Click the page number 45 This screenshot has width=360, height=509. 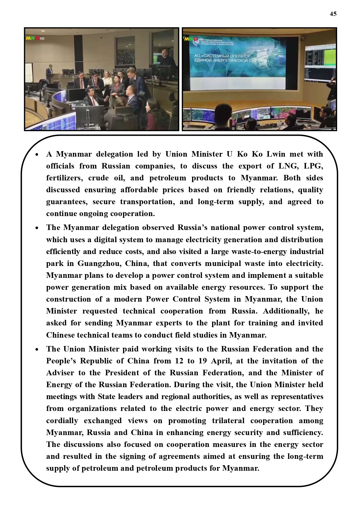point(333,14)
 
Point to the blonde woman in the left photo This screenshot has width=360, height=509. point(107,81)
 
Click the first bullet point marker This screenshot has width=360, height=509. point(37,155)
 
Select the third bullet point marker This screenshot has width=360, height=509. point(37,349)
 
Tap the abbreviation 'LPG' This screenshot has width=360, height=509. point(313,166)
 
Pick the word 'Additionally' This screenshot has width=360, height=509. point(286,311)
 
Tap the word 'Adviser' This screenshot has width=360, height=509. point(60,373)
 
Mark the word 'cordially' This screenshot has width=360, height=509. point(62,421)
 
